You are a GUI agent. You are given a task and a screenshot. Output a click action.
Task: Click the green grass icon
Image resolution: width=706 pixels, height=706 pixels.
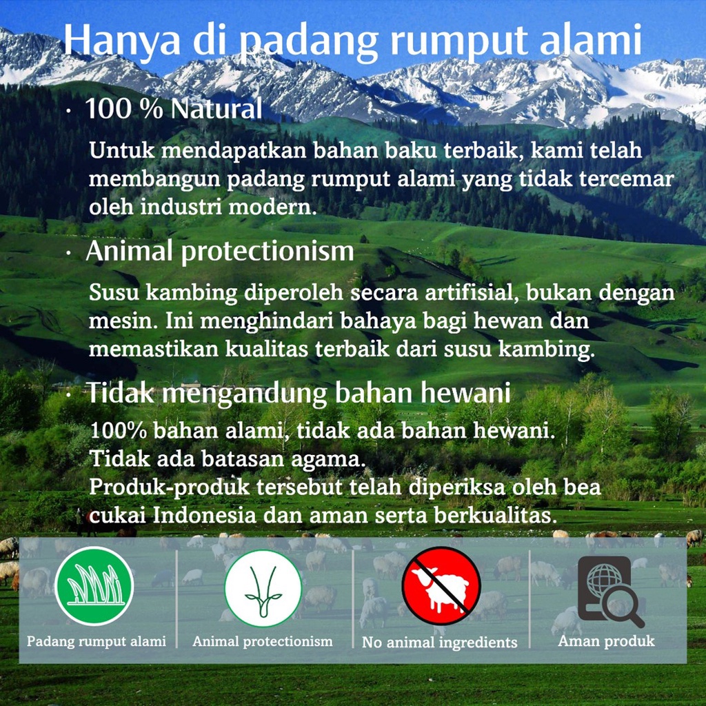click(94, 586)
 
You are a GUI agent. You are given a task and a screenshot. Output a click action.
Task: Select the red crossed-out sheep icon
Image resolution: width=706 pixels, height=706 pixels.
click(441, 587)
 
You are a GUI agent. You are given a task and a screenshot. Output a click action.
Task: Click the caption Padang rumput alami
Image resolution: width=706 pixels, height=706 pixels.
click(97, 641)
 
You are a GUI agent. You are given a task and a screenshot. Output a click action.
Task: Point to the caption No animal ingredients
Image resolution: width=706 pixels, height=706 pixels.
click(439, 643)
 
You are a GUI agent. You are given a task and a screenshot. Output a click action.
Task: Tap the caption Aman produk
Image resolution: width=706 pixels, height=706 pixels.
click(606, 641)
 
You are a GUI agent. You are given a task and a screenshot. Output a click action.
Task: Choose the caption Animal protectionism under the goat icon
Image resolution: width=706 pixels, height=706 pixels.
click(263, 641)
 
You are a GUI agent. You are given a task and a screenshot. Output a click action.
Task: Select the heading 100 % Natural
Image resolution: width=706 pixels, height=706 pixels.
click(173, 109)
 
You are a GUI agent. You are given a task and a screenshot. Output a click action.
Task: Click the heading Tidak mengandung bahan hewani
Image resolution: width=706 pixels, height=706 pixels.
click(297, 393)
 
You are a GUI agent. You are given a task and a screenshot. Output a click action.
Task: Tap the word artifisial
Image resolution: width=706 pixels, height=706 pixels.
click(471, 292)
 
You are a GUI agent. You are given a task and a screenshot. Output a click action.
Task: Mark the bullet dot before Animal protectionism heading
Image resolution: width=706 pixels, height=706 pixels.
click(68, 254)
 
